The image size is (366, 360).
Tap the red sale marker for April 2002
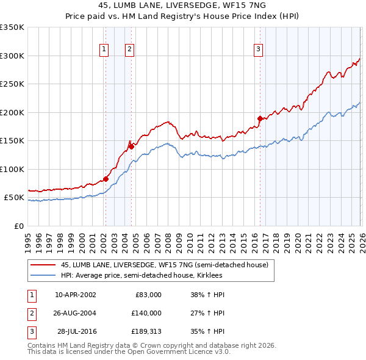tap(106, 179)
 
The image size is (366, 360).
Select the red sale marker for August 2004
tap(131, 146)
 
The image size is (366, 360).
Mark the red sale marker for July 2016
tap(260, 118)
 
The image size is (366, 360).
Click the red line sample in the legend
tap(43, 265)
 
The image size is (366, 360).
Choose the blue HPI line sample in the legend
tap(43, 276)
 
